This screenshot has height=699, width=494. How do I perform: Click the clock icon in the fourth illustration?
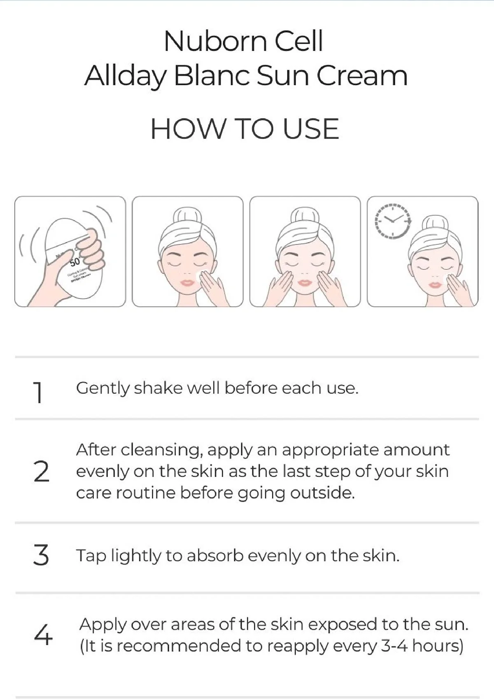(x=393, y=221)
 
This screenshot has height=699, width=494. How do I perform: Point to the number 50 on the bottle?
(x=75, y=262)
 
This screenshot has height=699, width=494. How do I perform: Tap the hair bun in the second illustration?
(x=187, y=216)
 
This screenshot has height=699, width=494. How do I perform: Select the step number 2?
(x=41, y=471)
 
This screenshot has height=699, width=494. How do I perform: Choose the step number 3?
(x=41, y=555)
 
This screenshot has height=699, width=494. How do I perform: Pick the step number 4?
(x=43, y=635)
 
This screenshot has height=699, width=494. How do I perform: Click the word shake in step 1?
(x=158, y=388)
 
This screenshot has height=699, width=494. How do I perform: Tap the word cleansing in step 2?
(x=162, y=450)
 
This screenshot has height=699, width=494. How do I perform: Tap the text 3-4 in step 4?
(x=394, y=646)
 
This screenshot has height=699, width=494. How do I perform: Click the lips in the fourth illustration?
(x=435, y=285)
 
